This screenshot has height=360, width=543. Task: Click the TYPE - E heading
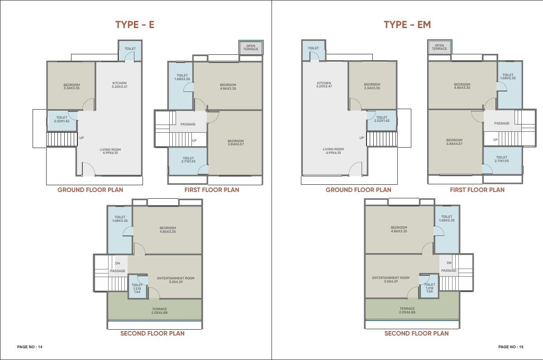click(135, 25)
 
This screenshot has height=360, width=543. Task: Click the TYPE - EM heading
click(407, 25)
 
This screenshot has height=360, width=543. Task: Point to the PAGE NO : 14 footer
click(30, 347)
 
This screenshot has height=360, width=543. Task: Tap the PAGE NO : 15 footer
click(511, 347)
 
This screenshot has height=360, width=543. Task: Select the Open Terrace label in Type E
click(251, 47)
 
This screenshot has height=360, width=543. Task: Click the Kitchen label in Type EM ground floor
click(324, 84)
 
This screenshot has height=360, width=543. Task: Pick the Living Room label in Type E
click(110, 151)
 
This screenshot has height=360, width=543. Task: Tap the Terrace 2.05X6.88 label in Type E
click(159, 311)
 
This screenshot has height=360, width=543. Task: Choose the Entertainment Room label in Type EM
click(391, 279)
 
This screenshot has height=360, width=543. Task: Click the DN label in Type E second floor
click(118, 263)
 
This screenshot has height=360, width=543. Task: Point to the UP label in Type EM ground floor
click(362, 138)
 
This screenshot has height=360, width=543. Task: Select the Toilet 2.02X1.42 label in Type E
click(62, 119)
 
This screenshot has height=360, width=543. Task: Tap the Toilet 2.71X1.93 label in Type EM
click(501, 159)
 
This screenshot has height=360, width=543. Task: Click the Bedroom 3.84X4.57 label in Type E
click(236, 142)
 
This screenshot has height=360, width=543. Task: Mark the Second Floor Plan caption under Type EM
click(416, 333)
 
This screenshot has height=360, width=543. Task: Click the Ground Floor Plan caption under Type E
click(90, 190)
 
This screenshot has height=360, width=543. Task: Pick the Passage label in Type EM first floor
click(501, 123)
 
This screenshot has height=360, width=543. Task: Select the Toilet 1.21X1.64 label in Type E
click(137, 288)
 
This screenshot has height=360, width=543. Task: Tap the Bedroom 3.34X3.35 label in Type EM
click(372, 86)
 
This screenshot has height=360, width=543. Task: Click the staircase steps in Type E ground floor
click(62, 139)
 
